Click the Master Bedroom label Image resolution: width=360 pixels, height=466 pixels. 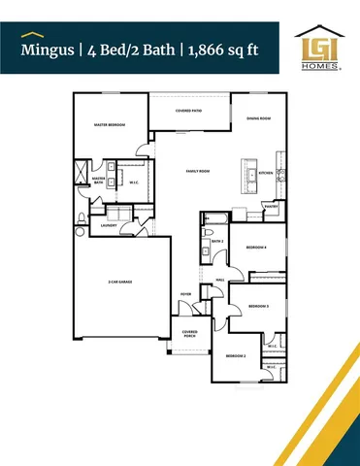click(109, 125)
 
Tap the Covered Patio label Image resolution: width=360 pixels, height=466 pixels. click(189, 112)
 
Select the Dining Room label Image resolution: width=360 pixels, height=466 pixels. click(258, 118)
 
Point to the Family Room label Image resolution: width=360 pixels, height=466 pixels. click(199, 171)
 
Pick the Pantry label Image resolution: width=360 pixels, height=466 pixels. click(271, 206)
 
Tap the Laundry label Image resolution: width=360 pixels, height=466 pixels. click(94, 224)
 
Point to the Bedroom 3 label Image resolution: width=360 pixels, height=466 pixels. click(258, 306)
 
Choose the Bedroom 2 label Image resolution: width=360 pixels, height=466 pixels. click(236, 356)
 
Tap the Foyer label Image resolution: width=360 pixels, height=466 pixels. click(185, 293)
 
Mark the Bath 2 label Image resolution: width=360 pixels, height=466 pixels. click(217, 241)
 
